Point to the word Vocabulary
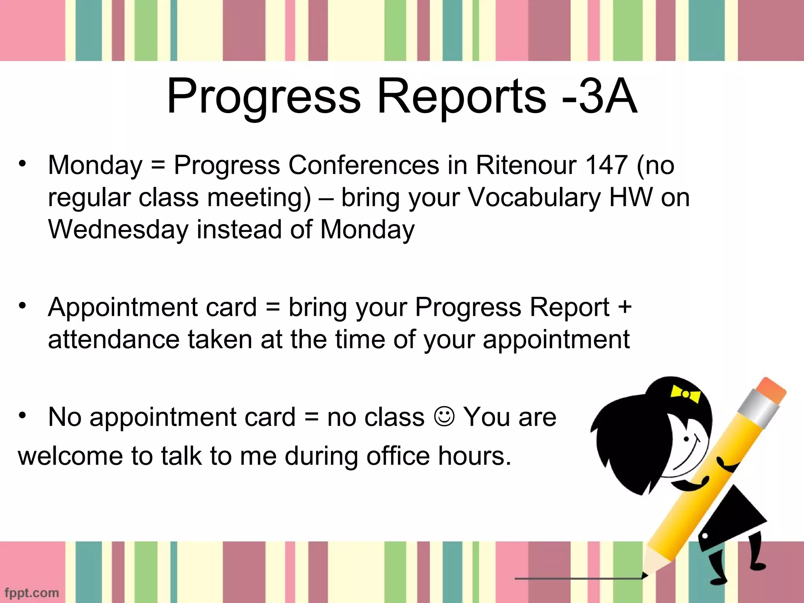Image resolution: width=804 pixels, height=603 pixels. click(534, 197)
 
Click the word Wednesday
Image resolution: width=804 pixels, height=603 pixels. click(118, 229)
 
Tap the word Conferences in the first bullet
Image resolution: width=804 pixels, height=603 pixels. click(364, 165)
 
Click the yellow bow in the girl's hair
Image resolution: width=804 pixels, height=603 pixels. click(685, 394)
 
